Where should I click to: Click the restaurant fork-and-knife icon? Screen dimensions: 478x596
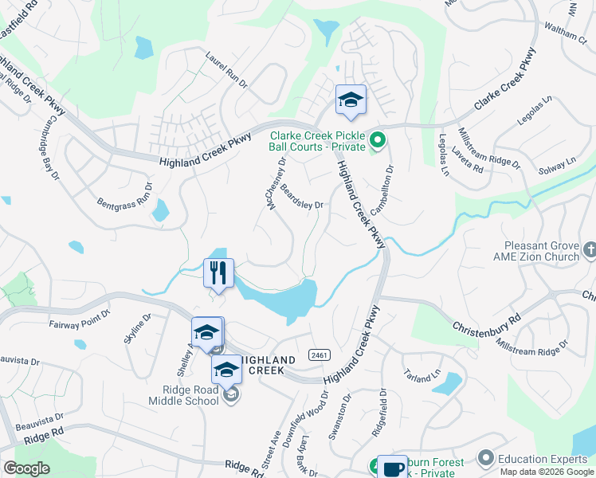pos(218,272)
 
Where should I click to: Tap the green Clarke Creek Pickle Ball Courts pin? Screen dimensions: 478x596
pos(378,142)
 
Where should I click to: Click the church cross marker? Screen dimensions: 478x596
pos(590,251)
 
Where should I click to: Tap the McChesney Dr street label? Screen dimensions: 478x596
pos(277,184)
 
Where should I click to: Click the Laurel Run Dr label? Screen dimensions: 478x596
pos(227,70)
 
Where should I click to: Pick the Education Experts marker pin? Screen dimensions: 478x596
pos(485,457)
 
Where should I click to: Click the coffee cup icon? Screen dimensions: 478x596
pos(391,468)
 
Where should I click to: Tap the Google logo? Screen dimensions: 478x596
pos(26,468)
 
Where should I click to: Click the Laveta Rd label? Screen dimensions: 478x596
pos(467,162)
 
